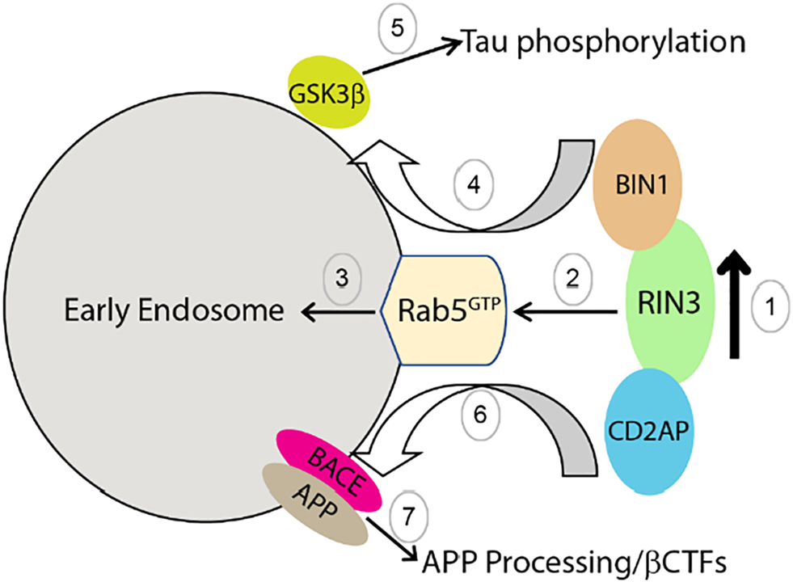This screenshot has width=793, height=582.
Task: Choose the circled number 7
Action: pyautogui.click(x=407, y=512)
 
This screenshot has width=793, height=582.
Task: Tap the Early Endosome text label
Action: pyautogui.click(x=177, y=310)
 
